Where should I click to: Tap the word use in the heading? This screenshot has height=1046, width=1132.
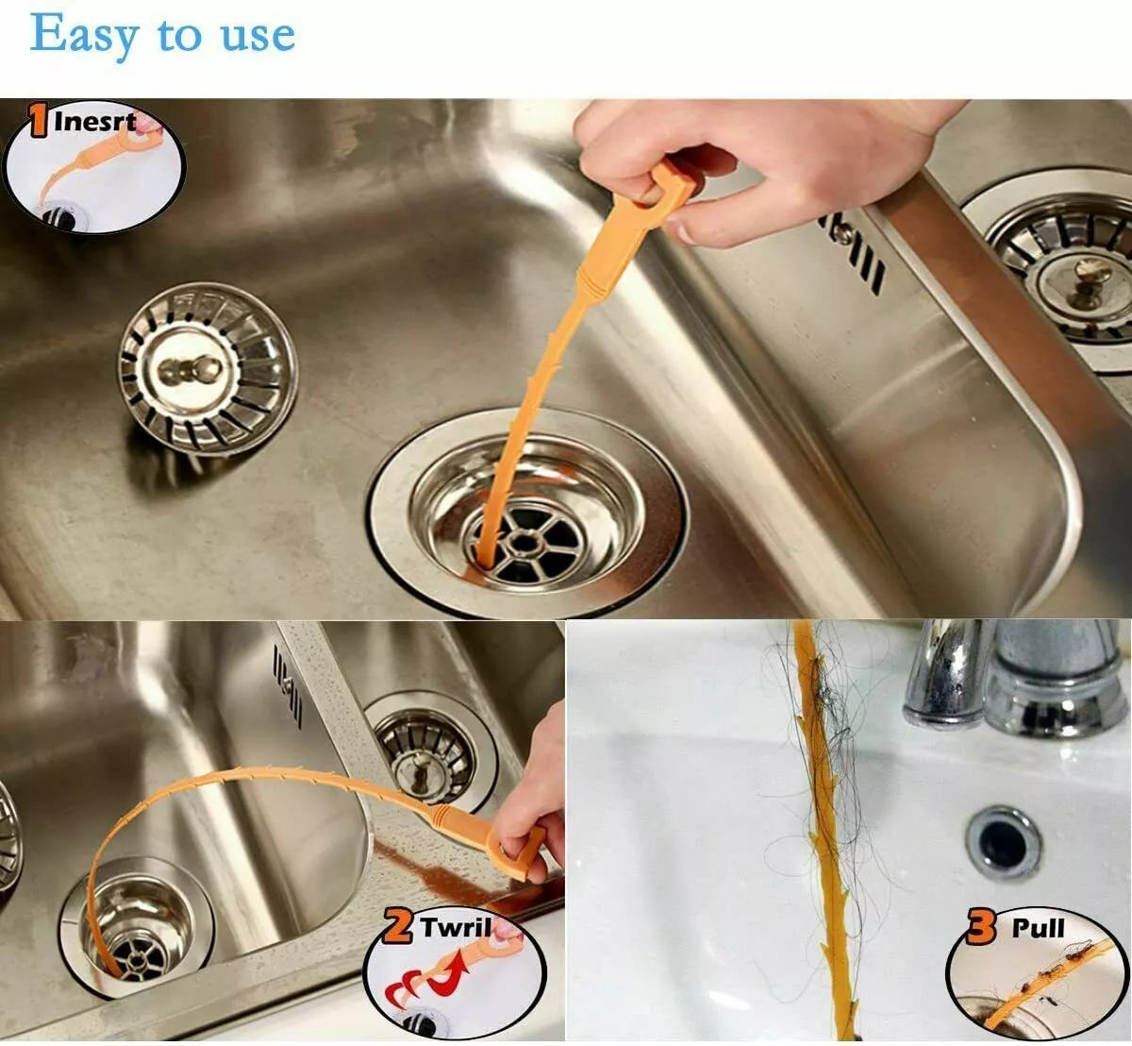click(x=258, y=36)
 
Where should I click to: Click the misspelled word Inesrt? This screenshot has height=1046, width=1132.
click(x=94, y=121)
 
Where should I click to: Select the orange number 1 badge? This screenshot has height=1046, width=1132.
click(x=38, y=123)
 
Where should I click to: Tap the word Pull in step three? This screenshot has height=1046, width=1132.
click(x=1038, y=927)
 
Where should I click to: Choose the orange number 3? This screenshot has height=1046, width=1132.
click(x=981, y=927)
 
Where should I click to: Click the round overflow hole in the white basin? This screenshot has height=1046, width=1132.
click(x=1003, y=839)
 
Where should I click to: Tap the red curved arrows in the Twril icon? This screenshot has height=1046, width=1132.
click(x=424, y=987)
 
